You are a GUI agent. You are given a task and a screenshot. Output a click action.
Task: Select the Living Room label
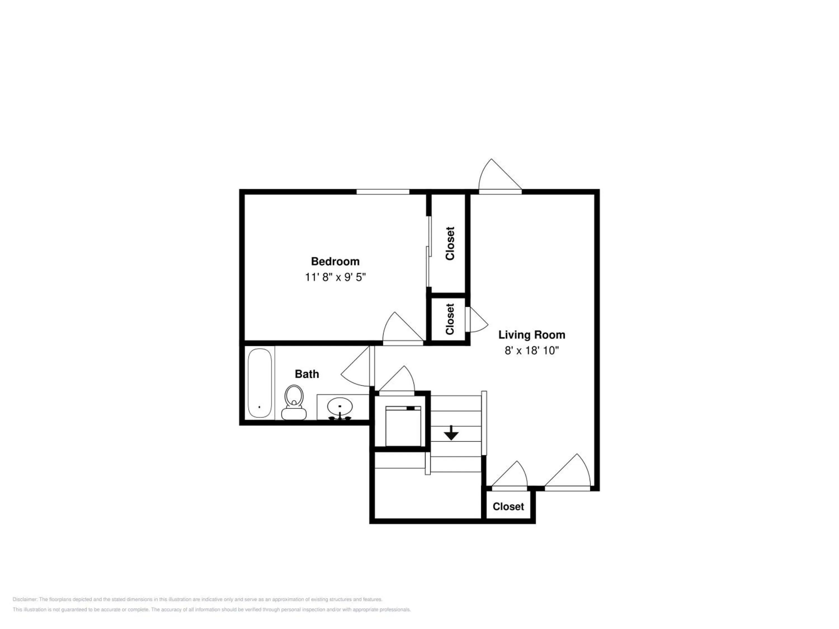coord(531,335)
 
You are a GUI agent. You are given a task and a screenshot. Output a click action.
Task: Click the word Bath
coord(307,374)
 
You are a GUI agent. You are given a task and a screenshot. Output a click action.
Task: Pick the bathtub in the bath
coord(260,383)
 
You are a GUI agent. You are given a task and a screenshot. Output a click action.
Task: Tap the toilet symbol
coord(294,402)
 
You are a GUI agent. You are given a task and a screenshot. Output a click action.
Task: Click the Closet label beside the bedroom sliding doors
coord(450,243)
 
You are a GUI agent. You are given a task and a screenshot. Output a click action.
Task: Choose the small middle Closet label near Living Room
coord(450,319)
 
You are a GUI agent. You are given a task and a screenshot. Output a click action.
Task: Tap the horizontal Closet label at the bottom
coord(508,507)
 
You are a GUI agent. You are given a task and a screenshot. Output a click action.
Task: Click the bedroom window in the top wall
coord(383,191)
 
